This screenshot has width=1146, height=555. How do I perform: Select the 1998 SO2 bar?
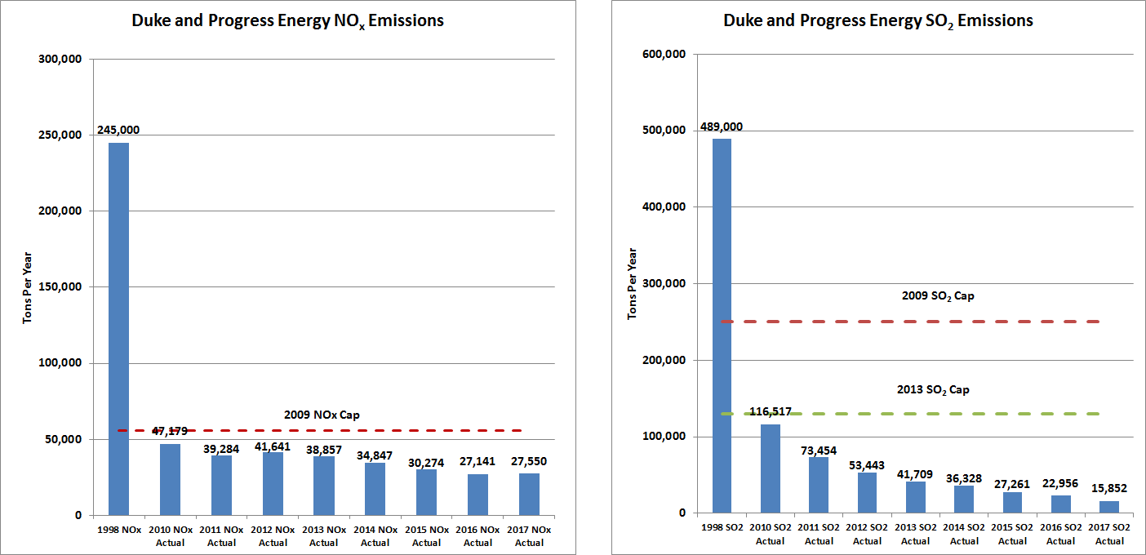click(722, 326)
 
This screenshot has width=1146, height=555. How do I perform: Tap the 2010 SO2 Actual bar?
click(770, 468)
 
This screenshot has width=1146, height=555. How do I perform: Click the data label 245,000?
click(118, 130)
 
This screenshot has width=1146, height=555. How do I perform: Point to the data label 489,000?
click(722, 127)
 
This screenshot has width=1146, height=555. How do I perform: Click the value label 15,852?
click(1109, 488)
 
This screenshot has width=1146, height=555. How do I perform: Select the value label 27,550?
click(528, 461)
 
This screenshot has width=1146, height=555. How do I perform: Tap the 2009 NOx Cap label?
click(322, 415)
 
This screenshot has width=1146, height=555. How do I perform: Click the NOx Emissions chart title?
click(287, 21)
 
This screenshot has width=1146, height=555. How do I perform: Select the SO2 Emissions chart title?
click(878, 21)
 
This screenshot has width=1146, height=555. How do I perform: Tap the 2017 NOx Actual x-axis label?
click(528, 536)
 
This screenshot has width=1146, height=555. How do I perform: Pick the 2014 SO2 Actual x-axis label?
click(964, 535)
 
